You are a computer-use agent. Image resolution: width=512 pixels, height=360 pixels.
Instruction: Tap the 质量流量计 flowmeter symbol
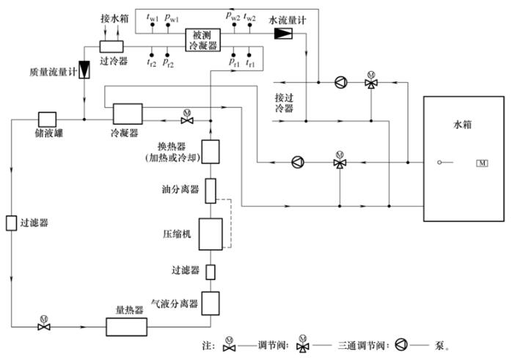[84, 70]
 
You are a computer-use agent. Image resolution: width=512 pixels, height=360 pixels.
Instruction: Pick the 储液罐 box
[47, 119]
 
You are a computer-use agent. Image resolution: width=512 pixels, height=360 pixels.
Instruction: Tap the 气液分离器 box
[211, 302]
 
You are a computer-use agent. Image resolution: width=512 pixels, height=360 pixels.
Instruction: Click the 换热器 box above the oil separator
[211, 152]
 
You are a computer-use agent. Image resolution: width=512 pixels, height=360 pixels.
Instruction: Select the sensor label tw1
[153, 14]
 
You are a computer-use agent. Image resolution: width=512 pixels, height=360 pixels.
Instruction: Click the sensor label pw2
[233, 14]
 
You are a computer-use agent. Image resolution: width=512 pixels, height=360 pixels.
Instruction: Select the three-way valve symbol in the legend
[304, 344]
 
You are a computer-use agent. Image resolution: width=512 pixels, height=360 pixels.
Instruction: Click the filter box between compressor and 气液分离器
[211, 272]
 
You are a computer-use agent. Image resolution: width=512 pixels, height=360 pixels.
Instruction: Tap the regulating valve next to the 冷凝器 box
[186, 119]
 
